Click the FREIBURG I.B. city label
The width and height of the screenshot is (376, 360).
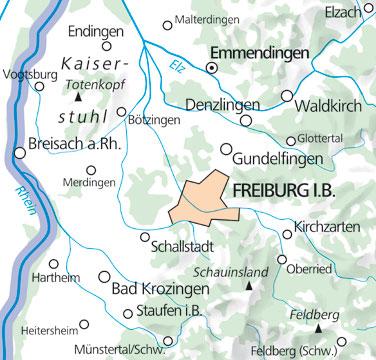tap(303, 190)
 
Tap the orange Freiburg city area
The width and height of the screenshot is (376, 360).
tap(206, 201)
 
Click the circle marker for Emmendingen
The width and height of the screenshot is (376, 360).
tap(211, 67)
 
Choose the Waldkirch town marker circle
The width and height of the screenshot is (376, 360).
tap(288, 96)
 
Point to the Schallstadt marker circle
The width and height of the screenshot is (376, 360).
tap(144, 236)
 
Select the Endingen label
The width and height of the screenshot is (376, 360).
tap(90, 30)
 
